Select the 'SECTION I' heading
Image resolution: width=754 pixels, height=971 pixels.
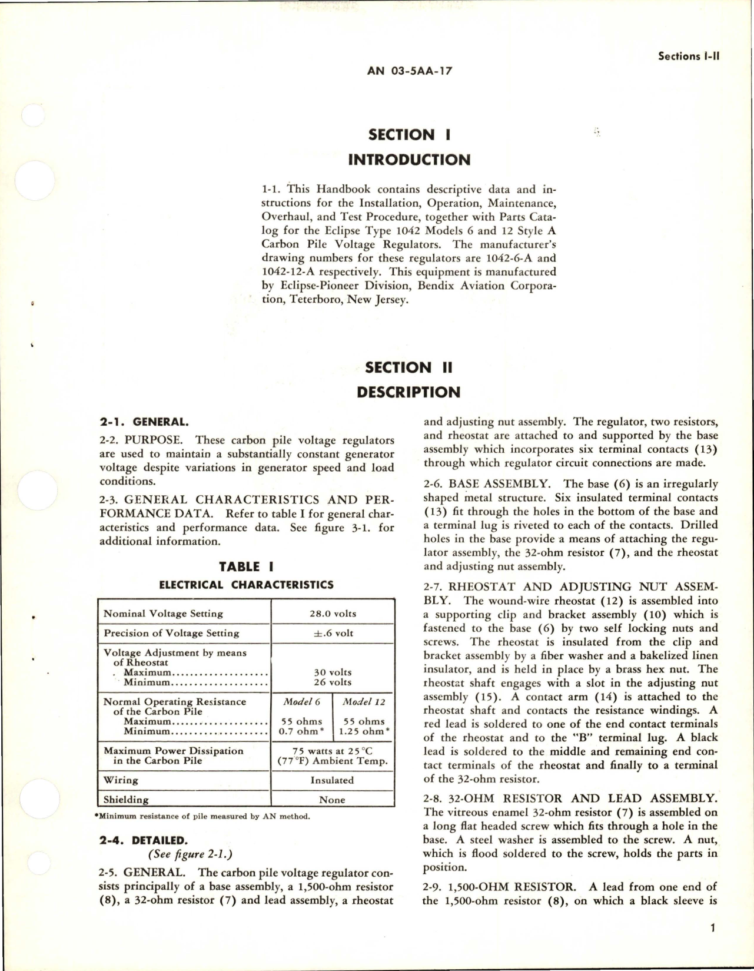point(409,135)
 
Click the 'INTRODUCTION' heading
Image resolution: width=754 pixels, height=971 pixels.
point(409,160)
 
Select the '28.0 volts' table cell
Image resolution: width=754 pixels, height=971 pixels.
point(333,613)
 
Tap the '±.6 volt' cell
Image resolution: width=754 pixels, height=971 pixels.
point(333,633)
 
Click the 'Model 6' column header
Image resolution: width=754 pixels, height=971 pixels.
point(302,701)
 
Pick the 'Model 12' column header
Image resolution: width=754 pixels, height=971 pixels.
point(364,701)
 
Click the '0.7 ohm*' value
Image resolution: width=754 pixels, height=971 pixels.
point(302,731)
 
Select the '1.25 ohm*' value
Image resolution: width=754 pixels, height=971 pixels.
point(364,731)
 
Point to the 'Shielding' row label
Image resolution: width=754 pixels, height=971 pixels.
point(126,800)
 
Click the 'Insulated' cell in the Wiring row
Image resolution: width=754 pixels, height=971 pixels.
point(333,780)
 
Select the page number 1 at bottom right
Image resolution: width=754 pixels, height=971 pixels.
point(713,928)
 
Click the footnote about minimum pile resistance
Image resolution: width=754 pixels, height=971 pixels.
point(201,816)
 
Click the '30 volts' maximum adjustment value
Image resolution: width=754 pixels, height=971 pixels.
point(333,672)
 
